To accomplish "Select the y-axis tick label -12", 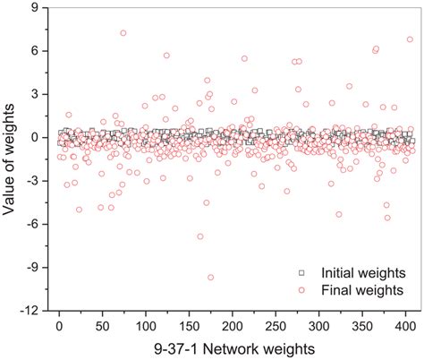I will click(30, 311).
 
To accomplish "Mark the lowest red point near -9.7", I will click(211, 278).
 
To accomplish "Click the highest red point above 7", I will click(123, 33).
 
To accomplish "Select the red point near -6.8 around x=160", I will click(200, 236).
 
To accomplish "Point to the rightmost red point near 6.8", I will click(410, 39).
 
